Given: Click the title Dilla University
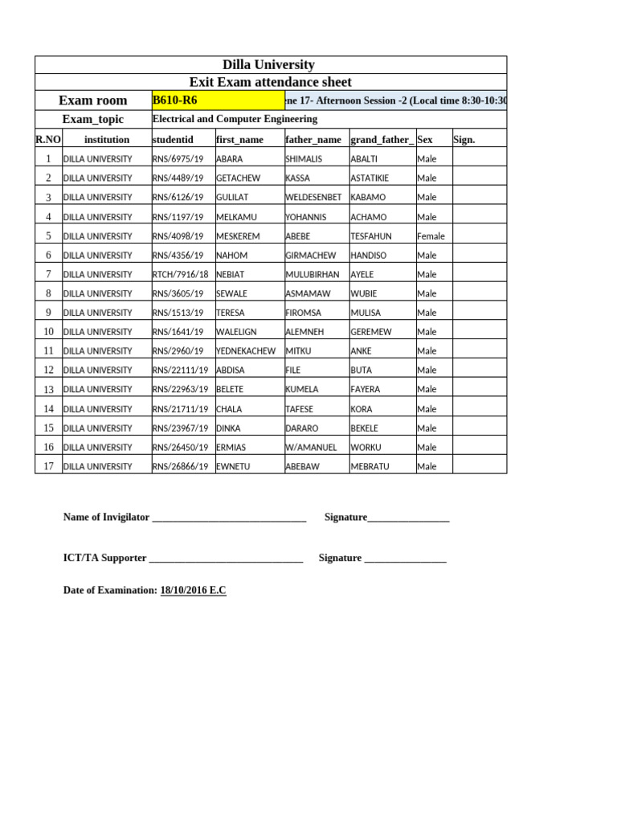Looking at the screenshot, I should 270,65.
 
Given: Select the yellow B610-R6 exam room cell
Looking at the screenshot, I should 217,100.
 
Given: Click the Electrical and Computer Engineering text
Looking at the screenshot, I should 235,119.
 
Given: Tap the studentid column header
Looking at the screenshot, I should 173,140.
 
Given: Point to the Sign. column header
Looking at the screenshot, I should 464,140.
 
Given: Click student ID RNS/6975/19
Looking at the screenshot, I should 178,159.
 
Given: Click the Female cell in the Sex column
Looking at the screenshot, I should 431,236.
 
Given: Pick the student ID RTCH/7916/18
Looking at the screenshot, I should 180,275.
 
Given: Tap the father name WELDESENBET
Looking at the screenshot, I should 313,198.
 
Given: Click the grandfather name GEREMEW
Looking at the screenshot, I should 371,332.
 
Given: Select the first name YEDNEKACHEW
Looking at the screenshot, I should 246,351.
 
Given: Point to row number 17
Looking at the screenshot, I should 48,466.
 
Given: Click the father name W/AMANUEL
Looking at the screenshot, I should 311,448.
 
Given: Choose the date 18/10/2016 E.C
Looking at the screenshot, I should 193,591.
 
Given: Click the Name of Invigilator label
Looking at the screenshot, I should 106,518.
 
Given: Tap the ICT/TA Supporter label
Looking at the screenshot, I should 104,558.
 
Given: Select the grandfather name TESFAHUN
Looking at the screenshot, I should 371,236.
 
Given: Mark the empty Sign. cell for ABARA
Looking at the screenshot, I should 479,159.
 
